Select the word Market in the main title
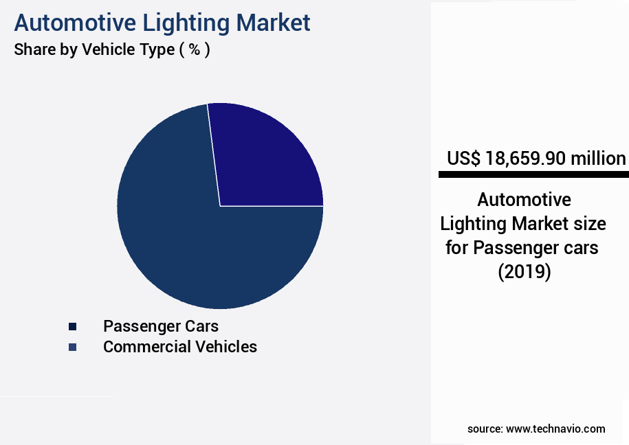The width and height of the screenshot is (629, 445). click(x=273, y=23)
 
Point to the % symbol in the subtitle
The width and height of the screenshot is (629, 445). click(x=195, y=50)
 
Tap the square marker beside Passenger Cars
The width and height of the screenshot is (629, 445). click(x=72, y=326)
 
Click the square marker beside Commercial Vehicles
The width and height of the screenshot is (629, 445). click(x=72, y=347)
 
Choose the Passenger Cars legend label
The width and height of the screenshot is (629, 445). click(x=161, y=326)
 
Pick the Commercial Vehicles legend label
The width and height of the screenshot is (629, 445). click(x=180, y=347)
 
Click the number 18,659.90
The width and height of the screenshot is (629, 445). click(x=526, y=159)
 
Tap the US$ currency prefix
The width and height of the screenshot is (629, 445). click(x=464, y=159)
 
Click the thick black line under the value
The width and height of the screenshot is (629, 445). click(x=533, y=175)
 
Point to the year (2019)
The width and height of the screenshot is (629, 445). click(x=524, y=271)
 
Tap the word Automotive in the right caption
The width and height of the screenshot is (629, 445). click(x=524, y=200)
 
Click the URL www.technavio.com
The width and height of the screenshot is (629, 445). click(x=555, y=429)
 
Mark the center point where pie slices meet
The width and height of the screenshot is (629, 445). click(x=220, y=205)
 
